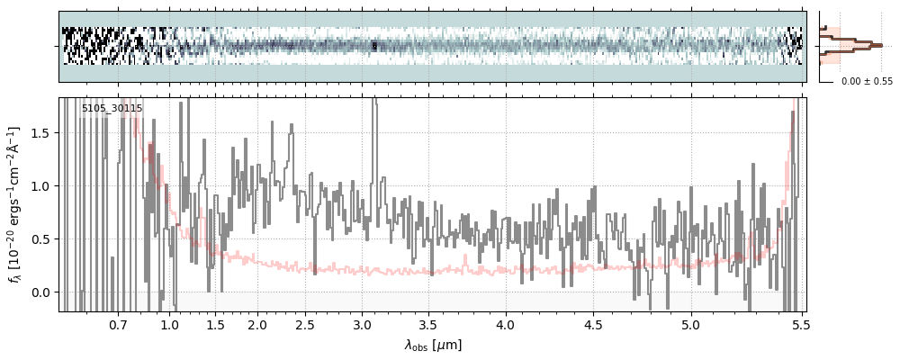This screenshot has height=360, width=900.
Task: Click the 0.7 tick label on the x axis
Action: pos(118,324)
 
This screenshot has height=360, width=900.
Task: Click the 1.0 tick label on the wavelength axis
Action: pos(170,324)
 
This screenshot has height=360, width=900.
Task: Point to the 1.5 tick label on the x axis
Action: pos(216,324)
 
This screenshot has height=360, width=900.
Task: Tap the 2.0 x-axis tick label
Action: pos(257,324)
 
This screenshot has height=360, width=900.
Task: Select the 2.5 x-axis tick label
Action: pos(305,324)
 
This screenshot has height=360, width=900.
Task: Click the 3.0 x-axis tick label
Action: pos(362,324)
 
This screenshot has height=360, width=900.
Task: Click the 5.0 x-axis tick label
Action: pos(691,324)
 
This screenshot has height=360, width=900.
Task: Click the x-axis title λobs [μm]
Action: pos(432,345)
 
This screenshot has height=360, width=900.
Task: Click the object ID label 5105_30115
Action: pos(112,109)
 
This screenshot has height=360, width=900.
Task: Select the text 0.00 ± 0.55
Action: pos(867,81)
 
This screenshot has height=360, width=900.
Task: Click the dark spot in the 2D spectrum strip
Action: pos(374,46)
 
